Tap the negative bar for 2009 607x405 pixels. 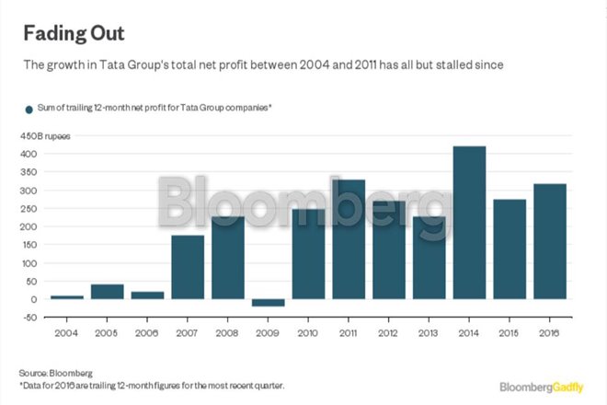pyautogui.click(x=269, y=303)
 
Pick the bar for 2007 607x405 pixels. pyautogui.click(x=189, y=267)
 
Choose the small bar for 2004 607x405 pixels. pyautogui.click(x=67, y=296)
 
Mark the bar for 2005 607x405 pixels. pyautogui.click(x=108, y=292)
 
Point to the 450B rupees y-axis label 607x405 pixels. pyautogui.click(x=45, y=135)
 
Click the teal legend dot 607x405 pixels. pyautogui.click(x=29, y=109)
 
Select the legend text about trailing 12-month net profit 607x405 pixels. pyautogui.click(x=155, y=109)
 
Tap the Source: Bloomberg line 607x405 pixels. pyautogui.click(x=58, y=372)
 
